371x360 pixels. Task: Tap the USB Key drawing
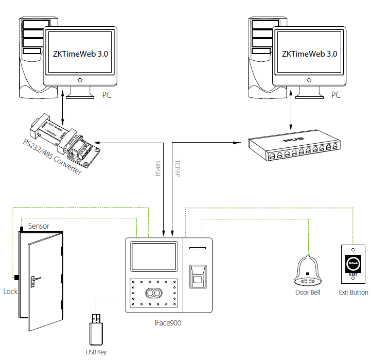[x=97, y=330]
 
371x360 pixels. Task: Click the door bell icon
[x=307, y=271]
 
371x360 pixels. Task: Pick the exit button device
[x=352, y=265]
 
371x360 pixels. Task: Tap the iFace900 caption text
[x=168, y=323]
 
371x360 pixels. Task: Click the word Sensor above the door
[x=39, y=226]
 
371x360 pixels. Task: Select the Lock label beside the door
[x=10, y=292]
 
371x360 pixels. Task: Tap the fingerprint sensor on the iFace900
[x=197, y=273]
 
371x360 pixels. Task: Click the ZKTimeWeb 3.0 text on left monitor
[x=80, y=54]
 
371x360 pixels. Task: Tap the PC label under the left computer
[x=106, y=95]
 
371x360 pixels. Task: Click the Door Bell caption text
[x=308, y=293]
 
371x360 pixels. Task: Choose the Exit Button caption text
[x=353, y=293]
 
